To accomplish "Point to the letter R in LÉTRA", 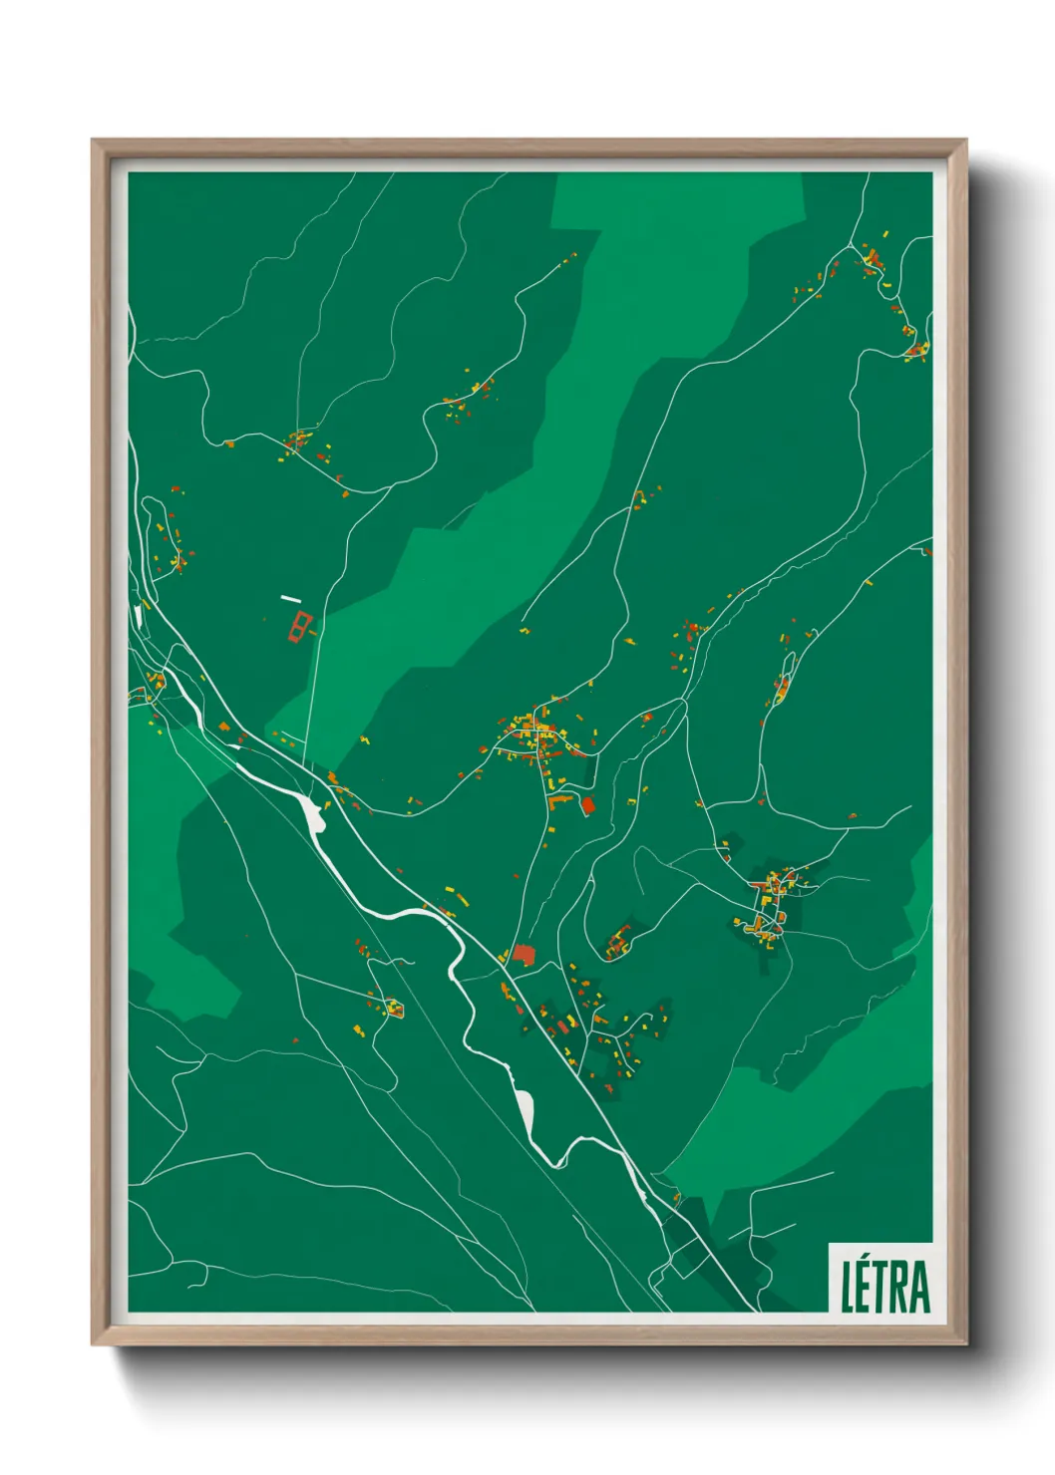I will click(x=901, y=1287).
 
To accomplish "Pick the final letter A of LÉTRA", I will click(x=920, y=1287).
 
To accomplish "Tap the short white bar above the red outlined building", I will click(x=290, y=599).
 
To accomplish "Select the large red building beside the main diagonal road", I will click(x=524, y=955).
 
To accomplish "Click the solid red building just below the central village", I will click(x=588, y=804).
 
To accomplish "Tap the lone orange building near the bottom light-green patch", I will click(x=676, y=1196).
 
